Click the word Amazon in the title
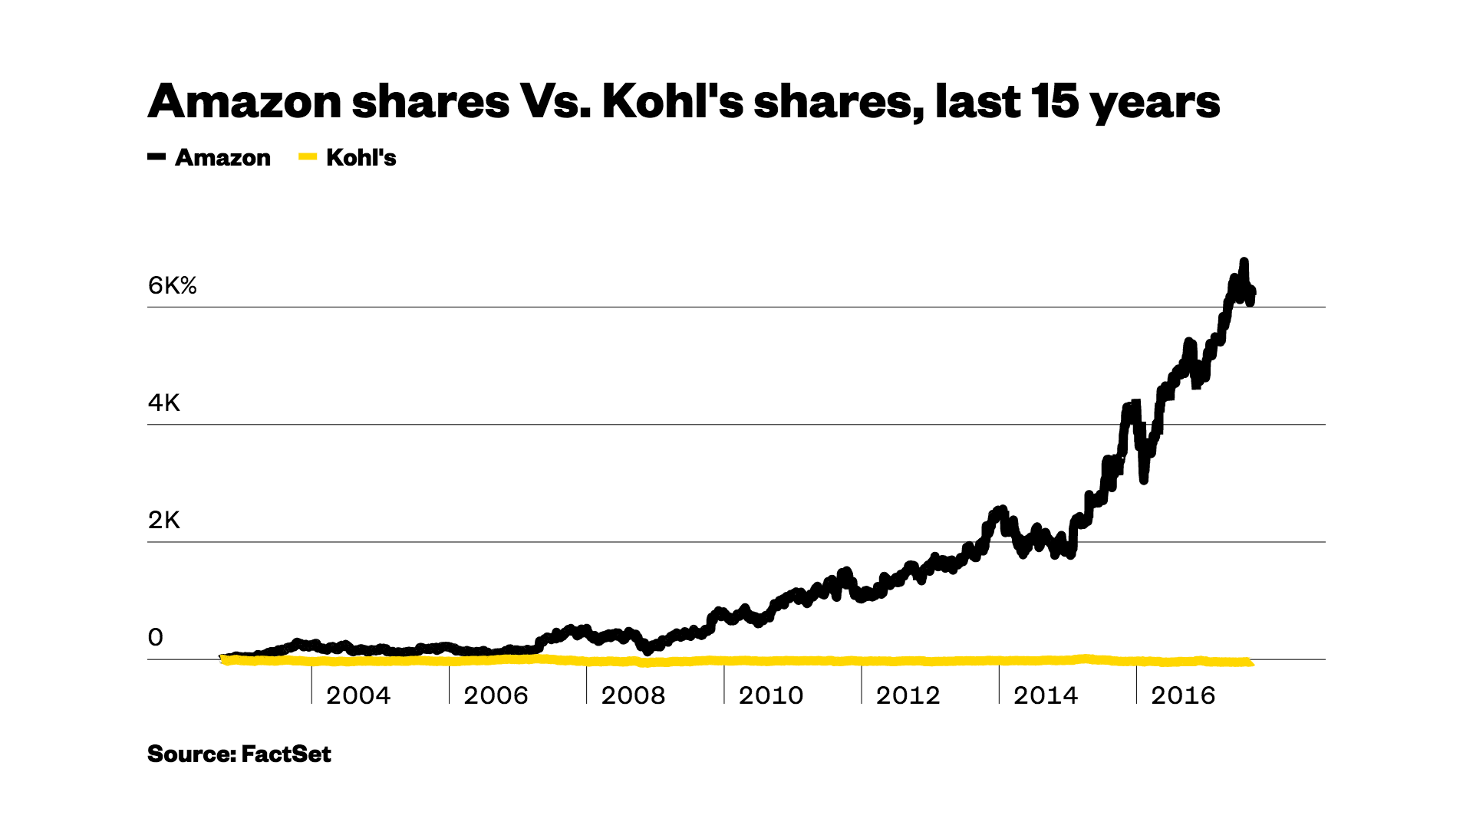[x=244, y=101]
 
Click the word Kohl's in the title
[x=672, y=101]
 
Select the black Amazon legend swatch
[x=157, y=157]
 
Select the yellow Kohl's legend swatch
[x=308, y=157]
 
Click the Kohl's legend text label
[x=361, y=158]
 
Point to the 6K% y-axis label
[x=172, y=286]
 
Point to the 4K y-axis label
[x=163, y=403]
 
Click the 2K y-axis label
[x=163, y=521]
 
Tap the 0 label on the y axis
[x=156, y=638]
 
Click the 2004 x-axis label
[x=358, y=695]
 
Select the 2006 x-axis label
[x=496, y=695]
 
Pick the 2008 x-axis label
[x=633, y=695]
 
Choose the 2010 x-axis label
[x=770, y=695]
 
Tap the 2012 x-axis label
[x=908, y=695]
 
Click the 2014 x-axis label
[x=1045, y=695]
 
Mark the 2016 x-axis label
[x=1182, y=695]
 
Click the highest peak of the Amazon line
[x=1244, y=262]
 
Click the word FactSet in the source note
[x=286, y=754]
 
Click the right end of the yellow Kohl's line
[x=1251, y=662]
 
